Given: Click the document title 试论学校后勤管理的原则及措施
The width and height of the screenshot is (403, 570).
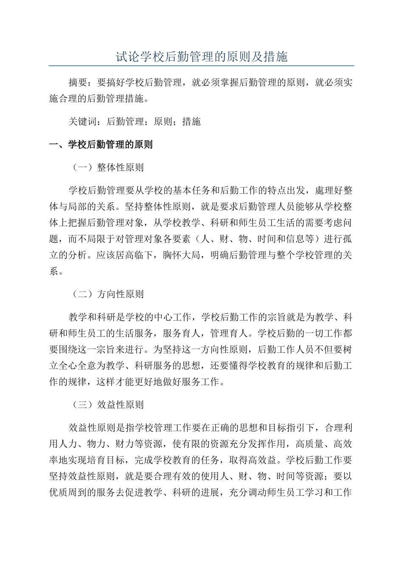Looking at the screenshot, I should (201, 56).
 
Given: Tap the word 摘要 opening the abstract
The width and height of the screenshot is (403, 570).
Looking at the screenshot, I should (78, 83).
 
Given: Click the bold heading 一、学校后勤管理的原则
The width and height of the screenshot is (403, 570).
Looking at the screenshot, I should (101, 145).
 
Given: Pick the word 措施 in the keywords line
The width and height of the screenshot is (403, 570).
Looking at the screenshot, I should (191, 122).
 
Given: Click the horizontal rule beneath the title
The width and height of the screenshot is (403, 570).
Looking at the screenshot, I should (201, 66).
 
